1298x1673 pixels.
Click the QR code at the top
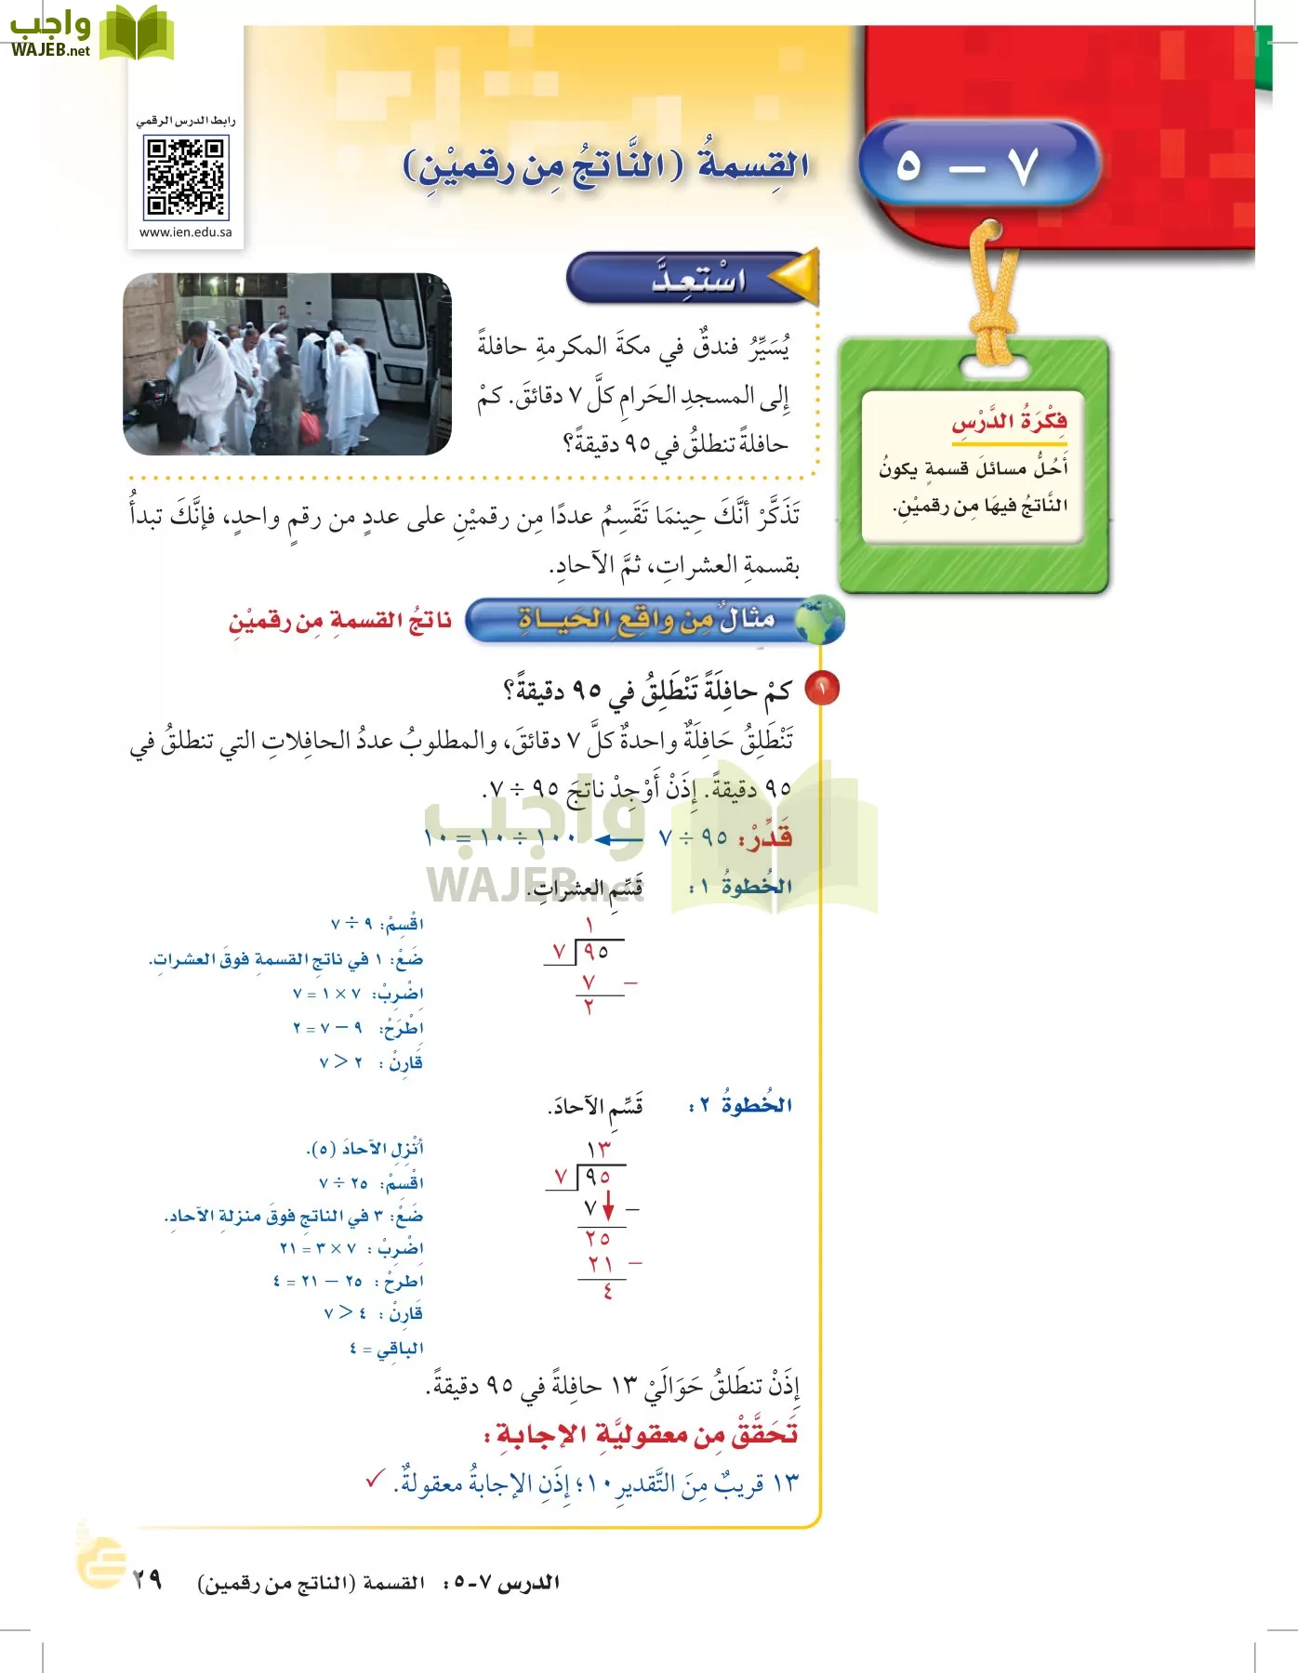pos(186,177)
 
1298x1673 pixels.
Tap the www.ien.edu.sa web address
pos(186,232)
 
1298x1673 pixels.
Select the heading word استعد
pos(698,278)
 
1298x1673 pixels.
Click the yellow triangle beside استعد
pos(797,276)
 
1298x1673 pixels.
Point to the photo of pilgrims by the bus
pos(286,363)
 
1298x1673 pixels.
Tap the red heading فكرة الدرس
pos(1009,422)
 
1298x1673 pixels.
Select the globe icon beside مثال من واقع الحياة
pos(819,620)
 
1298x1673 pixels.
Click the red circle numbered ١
pos(822,689)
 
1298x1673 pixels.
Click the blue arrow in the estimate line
pos(618,839)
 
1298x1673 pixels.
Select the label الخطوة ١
pos(741,887)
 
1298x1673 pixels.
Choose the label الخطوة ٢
pos(741,1104)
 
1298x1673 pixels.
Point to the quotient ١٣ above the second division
pos(599,1149)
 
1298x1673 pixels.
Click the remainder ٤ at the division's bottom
pos(607,1292)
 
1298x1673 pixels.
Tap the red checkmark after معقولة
pos(376,1479)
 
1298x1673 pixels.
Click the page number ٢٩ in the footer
pos(147,1579)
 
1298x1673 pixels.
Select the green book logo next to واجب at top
pos(137,33)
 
